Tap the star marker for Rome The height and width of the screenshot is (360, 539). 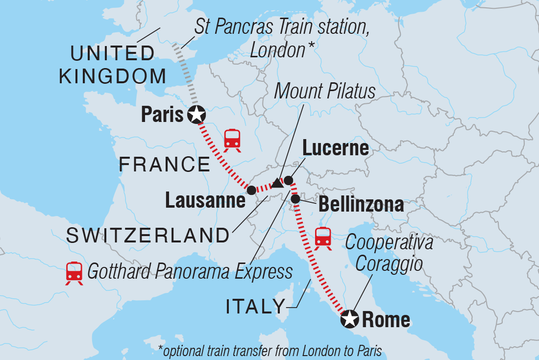[x=349, y=319]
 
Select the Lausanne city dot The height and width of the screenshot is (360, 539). [x=251, y=190]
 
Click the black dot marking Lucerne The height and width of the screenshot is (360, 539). [x=289, y=180]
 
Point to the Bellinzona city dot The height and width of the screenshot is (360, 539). [x=295, y=199]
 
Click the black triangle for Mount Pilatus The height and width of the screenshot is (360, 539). [x=277, y=184]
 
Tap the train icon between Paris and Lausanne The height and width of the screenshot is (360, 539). [x=232, y=139]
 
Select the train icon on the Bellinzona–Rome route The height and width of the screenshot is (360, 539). [x=323, y=238]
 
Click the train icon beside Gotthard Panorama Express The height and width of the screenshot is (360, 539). [x=74, y=272]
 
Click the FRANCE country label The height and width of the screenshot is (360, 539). [x=164, y=165]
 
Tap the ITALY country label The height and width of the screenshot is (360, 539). [x=255, y=307]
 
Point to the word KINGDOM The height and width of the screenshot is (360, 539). [x=112, y=76]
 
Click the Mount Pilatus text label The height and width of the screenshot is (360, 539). [x=324, y=91]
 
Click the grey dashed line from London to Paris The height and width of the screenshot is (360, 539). [x=185, y=73]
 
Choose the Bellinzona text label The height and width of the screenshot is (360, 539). [x=361, y=204]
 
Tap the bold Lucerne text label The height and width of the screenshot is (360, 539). [x=335, y=148]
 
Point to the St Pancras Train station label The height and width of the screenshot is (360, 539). [x=282, y=38]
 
